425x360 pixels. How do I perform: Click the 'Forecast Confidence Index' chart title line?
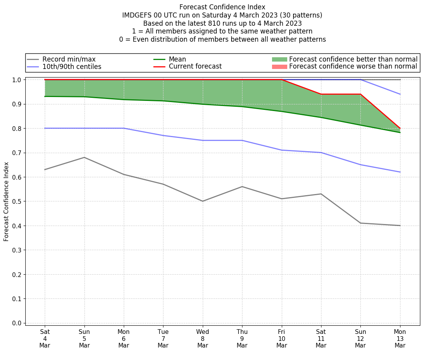pos(222,7)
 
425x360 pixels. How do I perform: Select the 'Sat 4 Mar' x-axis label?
pos(45,338)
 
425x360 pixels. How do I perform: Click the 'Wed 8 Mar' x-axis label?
pos(203,338)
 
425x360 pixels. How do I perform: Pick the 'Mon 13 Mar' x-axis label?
pos(400,338)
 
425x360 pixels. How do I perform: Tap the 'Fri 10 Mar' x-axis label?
pos(282,338)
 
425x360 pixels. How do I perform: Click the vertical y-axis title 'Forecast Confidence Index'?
pos(7,201)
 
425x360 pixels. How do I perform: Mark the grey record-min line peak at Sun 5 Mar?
pos(84,157)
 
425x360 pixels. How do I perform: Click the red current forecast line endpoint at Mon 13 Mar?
pos(400,129)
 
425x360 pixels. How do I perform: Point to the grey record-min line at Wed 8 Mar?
pos(203,201)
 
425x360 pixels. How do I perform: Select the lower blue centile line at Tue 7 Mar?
pos(163,136)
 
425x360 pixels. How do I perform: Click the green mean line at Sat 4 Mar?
pos(45,97)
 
